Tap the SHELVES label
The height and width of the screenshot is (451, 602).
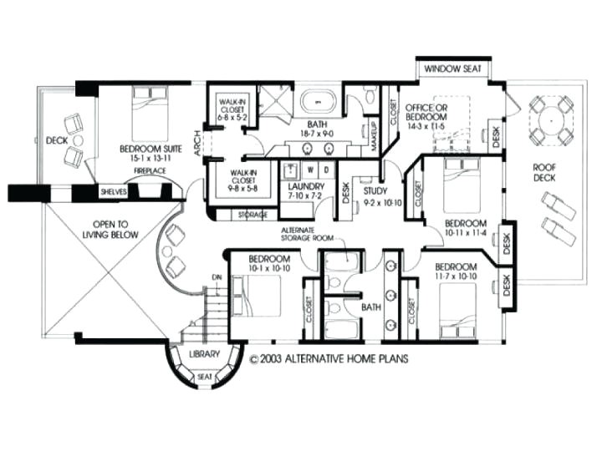(x=113, y=191)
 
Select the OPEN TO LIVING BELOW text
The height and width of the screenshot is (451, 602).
(x=116, y=229)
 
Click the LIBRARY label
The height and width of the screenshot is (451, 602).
(x=204, y=354)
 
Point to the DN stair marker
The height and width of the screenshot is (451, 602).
(x=216, y=276)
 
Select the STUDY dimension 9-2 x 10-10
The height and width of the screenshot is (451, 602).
(x=382, y=201)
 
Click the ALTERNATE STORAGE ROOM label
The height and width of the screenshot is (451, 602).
(x=307, y=233)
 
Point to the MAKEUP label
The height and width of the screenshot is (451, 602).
(x=375, y=136)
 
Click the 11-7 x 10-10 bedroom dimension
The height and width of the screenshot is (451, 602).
(x=455, y=275)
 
